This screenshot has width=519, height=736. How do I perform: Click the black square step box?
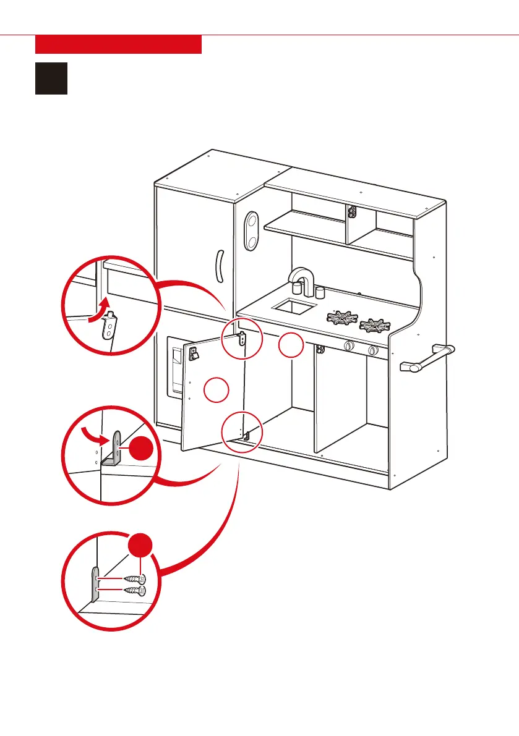pyautogui.click(x=51, y=77)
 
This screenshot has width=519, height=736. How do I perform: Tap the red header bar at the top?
pyautogui.click(x=118, y=44)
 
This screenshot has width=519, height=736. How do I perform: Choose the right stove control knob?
pyautogui.click(x=372, y=350)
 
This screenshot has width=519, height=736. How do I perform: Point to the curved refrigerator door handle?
pyautogui.click(x=218, y=266)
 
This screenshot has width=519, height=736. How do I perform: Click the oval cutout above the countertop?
pyautogui.click(x=251, y=231)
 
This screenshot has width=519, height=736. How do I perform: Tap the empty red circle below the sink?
pyautogui.click(x=290, y=346)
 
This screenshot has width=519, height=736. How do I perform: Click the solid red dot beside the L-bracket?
pyautogui.click(x=141, y=447)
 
